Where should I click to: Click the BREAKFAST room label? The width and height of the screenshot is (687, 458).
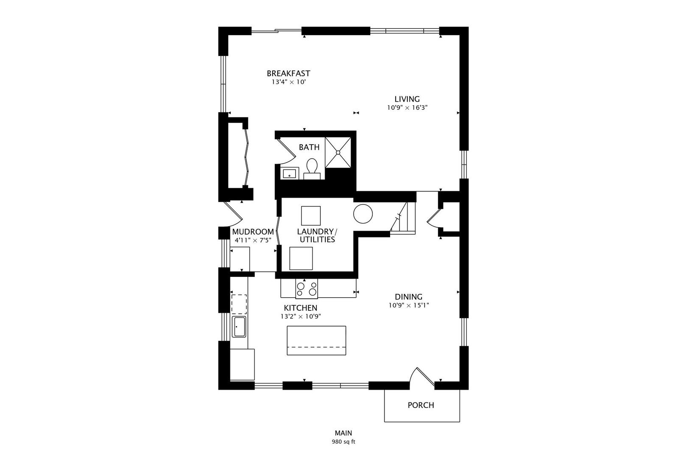point(288,74)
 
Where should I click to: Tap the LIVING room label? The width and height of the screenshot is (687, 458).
point(407,99)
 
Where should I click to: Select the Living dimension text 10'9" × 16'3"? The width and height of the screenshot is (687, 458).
point(407,108)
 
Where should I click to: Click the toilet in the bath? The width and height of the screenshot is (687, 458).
point(312,168)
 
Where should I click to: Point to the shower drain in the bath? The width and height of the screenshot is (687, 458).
point(338,153)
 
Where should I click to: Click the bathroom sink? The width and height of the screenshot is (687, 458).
point(290,173)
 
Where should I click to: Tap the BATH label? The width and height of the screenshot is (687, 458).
point(309,147)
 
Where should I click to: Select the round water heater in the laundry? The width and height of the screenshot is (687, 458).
point(363,214)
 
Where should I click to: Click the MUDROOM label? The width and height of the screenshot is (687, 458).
point(253,232)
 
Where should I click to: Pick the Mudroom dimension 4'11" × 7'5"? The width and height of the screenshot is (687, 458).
point(253,240)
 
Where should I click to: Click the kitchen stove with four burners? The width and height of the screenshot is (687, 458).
point(306,289)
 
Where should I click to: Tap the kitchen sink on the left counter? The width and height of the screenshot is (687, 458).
point(239,327)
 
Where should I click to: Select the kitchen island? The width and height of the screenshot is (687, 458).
point(316,341)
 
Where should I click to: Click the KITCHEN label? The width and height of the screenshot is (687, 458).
point(301,308)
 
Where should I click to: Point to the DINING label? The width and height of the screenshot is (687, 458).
point(408,297)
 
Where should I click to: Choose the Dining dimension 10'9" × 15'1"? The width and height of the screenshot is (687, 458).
point(408,305)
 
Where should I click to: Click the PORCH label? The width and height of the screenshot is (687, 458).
point(421,405)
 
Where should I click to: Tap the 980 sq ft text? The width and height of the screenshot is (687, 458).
point(343,442)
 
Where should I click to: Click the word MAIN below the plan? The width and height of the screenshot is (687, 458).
point(343,433)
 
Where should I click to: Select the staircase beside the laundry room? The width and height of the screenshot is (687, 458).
point(403,218)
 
